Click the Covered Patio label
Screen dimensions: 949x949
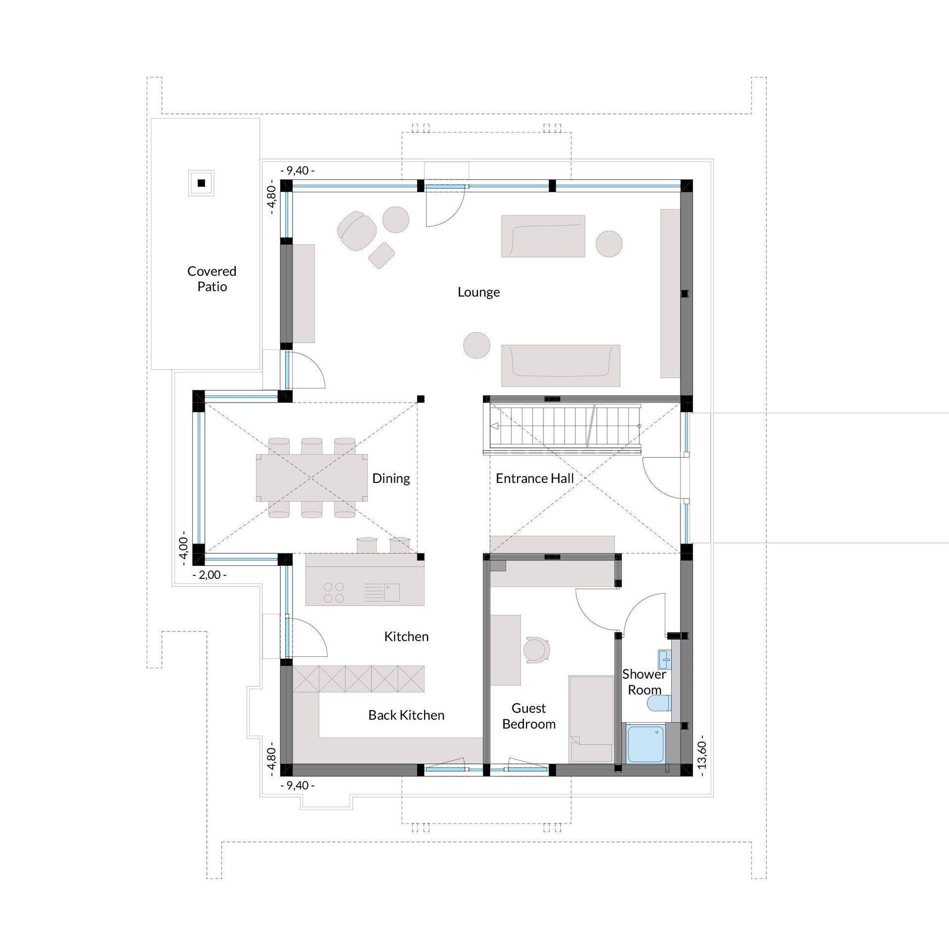(x=212, y=279)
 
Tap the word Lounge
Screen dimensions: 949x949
(x=478, y=292)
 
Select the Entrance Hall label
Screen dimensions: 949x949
(x=534, y=478)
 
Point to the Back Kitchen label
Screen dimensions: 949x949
(x=406, y=715)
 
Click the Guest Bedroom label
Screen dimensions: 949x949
(x=528, y=716)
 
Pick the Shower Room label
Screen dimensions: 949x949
(x=644, y=682)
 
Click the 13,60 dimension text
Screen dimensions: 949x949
(x=702, y=755)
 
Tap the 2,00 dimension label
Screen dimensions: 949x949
(x=210, y=575)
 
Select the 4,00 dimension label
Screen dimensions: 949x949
(x=183, y=548)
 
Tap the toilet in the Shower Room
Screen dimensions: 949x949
(x=659, y=704)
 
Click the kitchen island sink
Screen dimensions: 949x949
(x=392, y=592)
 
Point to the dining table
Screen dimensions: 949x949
(x=312, y=478)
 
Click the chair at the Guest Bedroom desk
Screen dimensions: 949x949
(x=536, y=651)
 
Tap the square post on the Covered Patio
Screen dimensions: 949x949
(x=201, y=183)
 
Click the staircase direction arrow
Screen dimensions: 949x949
(x=494, y=426)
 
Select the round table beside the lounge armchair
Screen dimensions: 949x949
(x=396, y=220)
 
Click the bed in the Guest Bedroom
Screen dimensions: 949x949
(x=591, y=719)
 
